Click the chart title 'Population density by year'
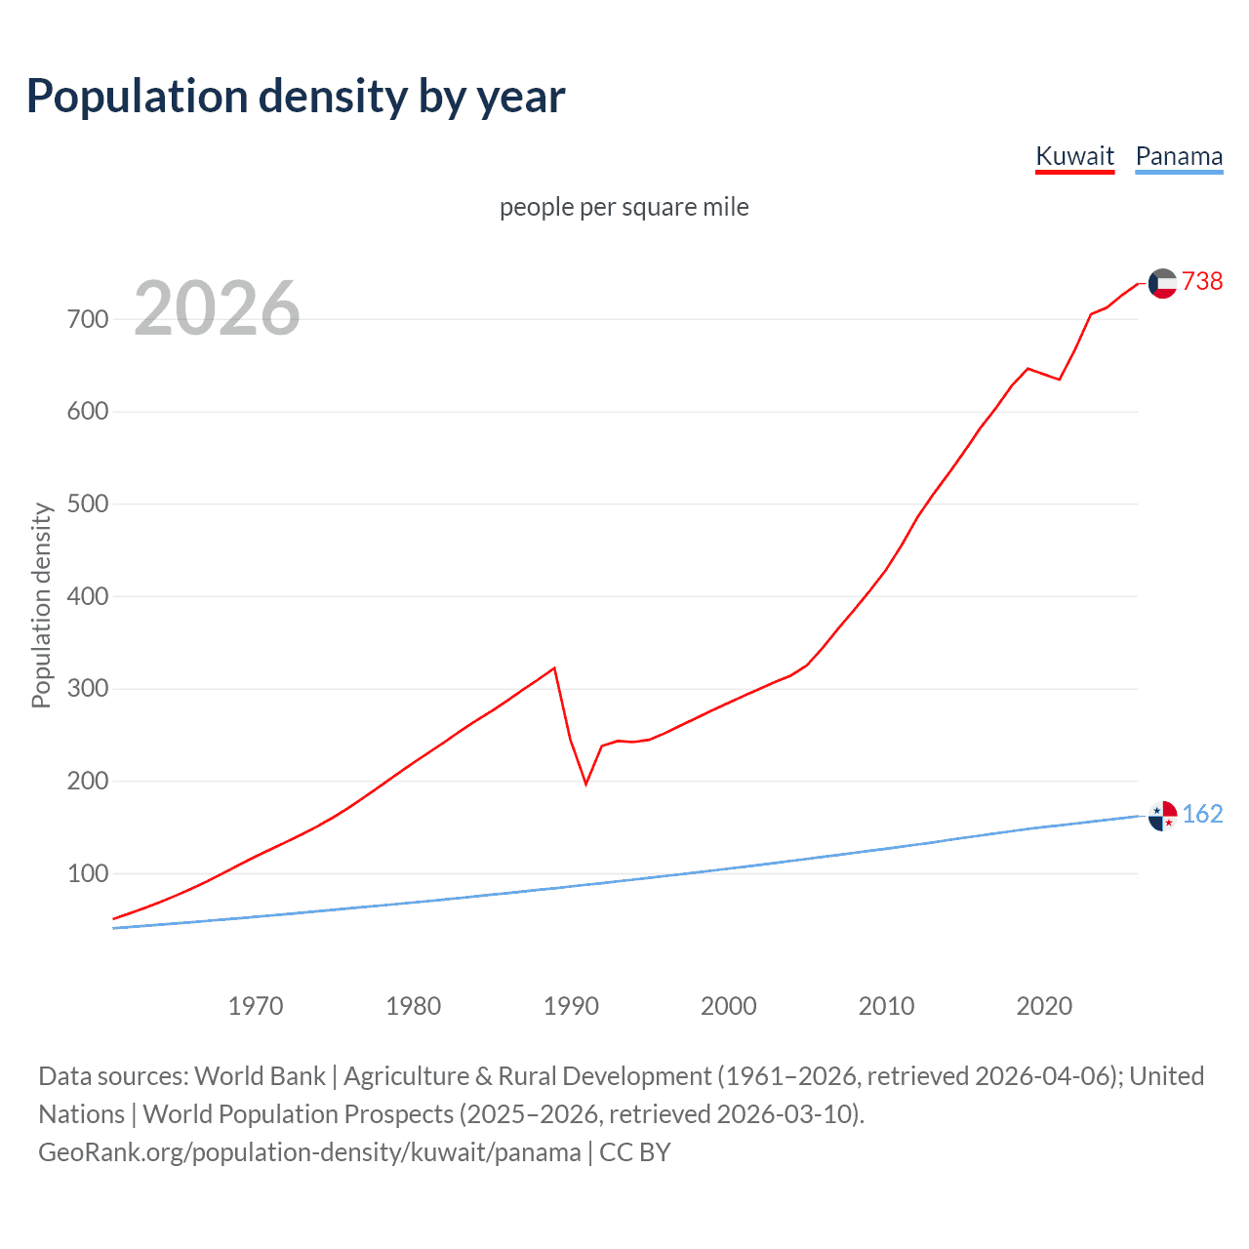pos(296,97)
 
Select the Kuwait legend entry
pos(1074,156)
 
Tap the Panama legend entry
pos(1179,156)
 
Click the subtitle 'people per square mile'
pos(624,207)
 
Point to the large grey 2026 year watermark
pos(217,308)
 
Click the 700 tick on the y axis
pos(88,319)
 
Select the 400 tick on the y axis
pos(88,596)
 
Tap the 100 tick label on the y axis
pos(88,873)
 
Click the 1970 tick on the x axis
pos(256,1005)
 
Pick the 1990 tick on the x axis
pos(571,1005)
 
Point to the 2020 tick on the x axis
pos(1044,1005)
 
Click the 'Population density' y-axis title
pos(41,605)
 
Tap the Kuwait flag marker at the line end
pos(1162,283)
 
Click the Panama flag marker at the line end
pos(1162,815)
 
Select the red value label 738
pos(1202,281)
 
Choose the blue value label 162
pos(1202,814)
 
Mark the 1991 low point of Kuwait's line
pos(586,784)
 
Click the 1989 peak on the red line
pos(554,668)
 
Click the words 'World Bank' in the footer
pos(260,1075)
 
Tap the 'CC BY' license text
pos(635,1151)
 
